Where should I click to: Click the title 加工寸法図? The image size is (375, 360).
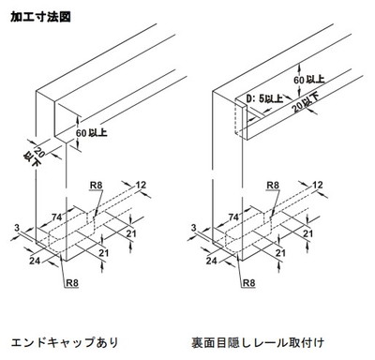(x=40, y=17)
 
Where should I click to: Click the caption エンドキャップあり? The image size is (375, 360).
(x=65, y=342)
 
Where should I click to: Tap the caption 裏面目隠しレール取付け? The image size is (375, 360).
(x=258, y=342)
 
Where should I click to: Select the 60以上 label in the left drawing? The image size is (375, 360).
(x=92, y=133)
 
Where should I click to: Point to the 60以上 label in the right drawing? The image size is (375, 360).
(x=308, y=80)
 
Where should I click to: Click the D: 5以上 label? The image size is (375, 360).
(x=264, y=99)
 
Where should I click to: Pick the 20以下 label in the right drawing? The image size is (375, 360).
(x=307, y=103)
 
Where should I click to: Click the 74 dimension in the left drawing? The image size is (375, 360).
(x=56, y=217)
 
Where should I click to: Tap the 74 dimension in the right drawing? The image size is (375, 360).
(x=233, y=217)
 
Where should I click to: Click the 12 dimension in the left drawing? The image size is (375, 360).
(x=141, y=185)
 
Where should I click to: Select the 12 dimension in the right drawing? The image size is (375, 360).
(x=318, y=185)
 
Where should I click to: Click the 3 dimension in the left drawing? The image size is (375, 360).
(x=17, y=228)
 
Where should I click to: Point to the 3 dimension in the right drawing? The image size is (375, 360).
(x=194, y=228)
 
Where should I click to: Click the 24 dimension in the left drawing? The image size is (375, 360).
(x=35, y=260)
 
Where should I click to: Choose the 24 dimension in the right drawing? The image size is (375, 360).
(x=212, y=260)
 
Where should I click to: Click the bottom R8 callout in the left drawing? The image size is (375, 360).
(x=72, y=283)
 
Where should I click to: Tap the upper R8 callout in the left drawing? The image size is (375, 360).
(x=97, y=185)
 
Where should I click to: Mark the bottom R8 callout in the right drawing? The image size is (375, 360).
(x=249, y=283)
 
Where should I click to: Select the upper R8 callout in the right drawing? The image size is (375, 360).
(x=273, y=185)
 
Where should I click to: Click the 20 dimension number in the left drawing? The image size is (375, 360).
(x=39, y=152)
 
